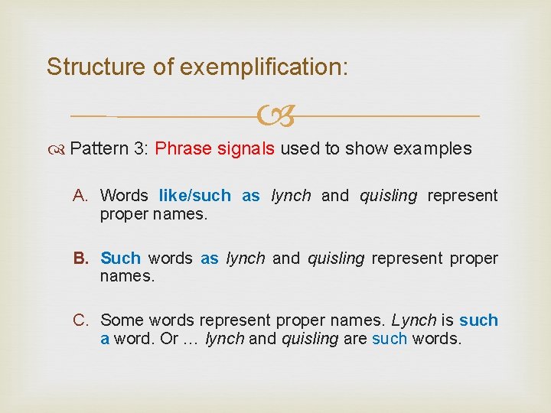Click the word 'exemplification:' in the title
click(264, 67)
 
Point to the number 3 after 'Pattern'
click(140, 148)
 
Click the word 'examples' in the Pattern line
click(432, 148)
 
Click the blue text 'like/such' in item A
click(194, 196)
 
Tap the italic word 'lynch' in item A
click(291, 196)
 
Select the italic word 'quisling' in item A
click(389, 196)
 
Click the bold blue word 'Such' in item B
click(120, 259)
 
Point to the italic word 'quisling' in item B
click(336, 259)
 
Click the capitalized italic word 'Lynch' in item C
click(413, 320)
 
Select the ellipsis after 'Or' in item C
click(191, 338)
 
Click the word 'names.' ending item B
click(127, 275)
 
